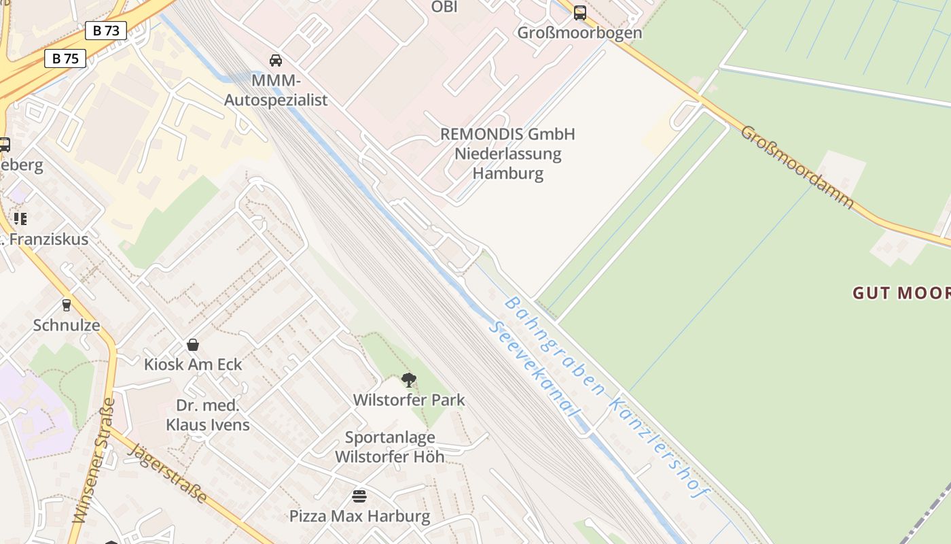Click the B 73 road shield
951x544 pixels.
click(x=107, y=31)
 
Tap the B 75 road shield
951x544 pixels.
click(x=66, y=58)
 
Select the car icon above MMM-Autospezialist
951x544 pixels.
click(x=276, y=61)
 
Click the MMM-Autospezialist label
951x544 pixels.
click(x=276, y=90)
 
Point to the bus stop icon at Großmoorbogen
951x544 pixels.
click(x=580, y=13)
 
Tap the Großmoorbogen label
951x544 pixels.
click(x=579, y=33)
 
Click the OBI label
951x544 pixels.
click(x=444, y=7)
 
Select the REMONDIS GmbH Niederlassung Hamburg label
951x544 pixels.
click(x=508, y=153)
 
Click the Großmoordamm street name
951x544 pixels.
click(x=797, y=167)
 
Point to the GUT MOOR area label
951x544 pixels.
click(x=901, y=293)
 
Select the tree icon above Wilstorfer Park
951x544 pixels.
click(x=408, y=379)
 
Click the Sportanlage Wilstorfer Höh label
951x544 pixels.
click(x=390, y=447)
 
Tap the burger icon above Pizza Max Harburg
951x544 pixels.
click(x=359, y=496)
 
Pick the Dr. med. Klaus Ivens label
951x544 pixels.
click(x=208, y=415)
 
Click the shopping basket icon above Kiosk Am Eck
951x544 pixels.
click(x=193, y=345)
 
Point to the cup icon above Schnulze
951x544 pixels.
click(x=67, y=305)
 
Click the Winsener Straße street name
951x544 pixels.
click(x=93, y=460)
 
